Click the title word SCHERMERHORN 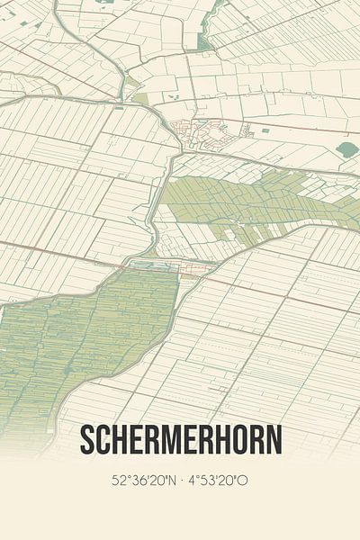tap(180, 439)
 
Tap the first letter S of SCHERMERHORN tap(87, 439)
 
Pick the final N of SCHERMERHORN tap(273, 439)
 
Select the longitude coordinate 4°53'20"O tap(219, 481)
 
